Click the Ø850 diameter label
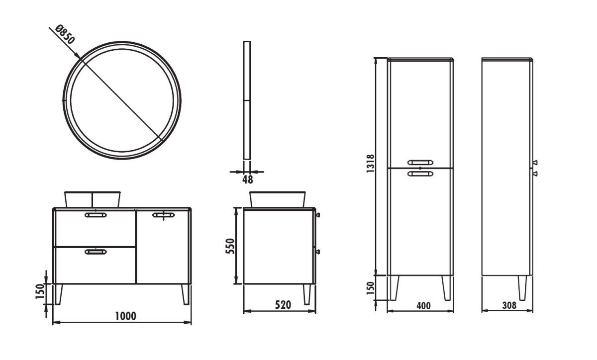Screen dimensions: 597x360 click(64, 34)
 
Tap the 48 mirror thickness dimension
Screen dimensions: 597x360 click(248, 180)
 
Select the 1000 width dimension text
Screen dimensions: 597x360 click(125, 316)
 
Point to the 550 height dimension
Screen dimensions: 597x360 click(230, 246)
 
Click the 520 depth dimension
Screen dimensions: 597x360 click(283, 305)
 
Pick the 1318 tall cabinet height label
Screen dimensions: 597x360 click(371, 164)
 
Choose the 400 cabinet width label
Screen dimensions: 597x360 click(423, 306)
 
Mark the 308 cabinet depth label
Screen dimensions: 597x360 click(509, 305)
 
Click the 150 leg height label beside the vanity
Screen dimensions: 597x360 click(40, 291)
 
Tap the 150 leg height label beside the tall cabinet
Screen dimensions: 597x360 click(371, 288)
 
